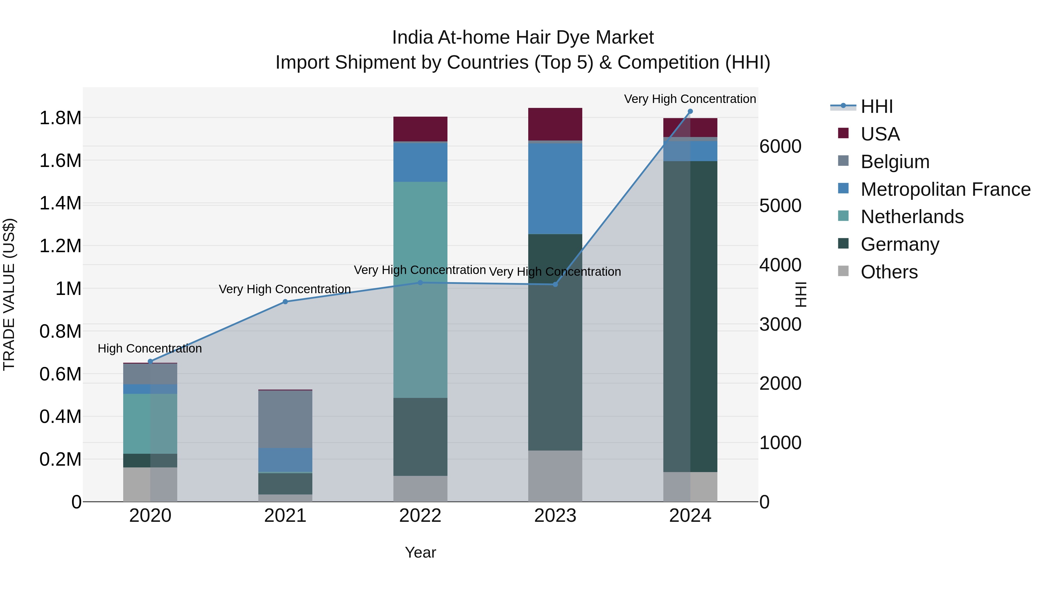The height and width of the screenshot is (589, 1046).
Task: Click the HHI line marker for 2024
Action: coord(690,111)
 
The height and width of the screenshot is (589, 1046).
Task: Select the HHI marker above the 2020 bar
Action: coord(150,361)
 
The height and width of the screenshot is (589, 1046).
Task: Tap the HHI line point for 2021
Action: coord(285,302)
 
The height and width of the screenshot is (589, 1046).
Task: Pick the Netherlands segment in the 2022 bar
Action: coord(420,289)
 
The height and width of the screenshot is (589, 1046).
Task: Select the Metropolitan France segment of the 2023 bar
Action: coord(555,188)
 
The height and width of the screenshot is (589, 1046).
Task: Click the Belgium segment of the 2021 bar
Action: coord(285,419)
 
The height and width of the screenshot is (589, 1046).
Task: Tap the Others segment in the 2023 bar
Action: coord(555,476)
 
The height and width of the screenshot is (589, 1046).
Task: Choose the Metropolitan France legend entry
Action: coord(945,189)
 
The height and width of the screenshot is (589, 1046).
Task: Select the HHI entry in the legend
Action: coord(876,106)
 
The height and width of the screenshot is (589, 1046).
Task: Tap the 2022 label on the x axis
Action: coord(420,516)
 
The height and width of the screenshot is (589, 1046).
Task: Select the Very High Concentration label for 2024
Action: coord(689,99)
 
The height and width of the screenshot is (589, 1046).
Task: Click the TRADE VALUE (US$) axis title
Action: coord(9,294)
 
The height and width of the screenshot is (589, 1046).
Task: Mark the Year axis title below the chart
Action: coord(420,552)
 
